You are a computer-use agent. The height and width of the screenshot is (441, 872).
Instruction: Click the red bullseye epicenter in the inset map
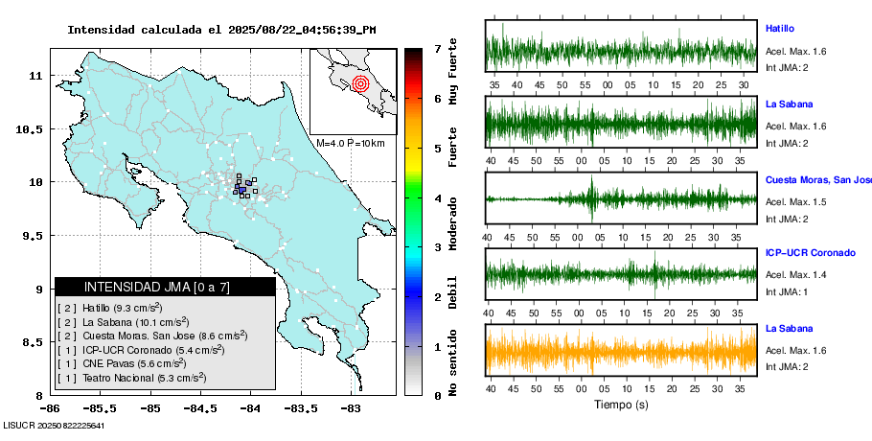pyautogui.click(x=360, y=83)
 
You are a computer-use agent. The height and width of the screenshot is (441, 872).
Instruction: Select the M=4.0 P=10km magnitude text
pyautogui.click(x=351, y=143)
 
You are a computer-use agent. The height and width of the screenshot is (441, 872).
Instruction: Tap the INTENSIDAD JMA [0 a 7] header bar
pyautogui.click(x=165, y=287)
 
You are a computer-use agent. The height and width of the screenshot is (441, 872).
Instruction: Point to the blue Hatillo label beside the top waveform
pyautogui.click(x=780, y=29)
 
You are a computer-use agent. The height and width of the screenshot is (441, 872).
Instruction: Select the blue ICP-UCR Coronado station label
pyautogui.click(x=810, y=253)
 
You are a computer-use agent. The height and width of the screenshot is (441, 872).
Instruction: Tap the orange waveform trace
pyautogui.click(x=621, y=351)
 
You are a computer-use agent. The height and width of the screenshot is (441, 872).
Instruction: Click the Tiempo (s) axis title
pyautogui.click(x=621, y=405)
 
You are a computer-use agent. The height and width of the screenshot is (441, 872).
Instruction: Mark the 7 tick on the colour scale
pyautogui.click(x=437, y=48)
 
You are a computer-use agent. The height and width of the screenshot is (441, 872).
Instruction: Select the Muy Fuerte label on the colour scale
pyautogui.click(x=453, y=72)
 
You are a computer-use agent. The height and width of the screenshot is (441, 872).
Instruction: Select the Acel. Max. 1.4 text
pyautogui.click(x=795, y=274)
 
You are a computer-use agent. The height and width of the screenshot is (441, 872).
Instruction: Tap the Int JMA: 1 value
pyautogui.click(x=787, y=291)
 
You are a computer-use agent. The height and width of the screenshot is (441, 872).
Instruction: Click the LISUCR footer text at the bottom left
pyautogui.click(x=54, y=425)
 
